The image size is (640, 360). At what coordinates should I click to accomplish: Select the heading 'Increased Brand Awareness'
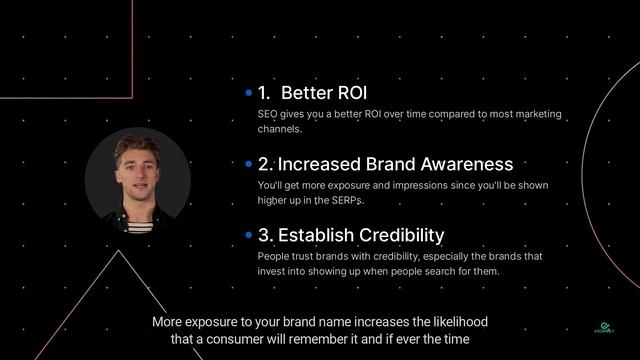[385, 164]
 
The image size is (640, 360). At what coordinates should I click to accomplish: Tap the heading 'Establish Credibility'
[351, 236]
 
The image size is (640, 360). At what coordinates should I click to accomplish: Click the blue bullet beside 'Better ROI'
[248, 93]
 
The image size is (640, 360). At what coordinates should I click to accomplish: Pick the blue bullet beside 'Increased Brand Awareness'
[248, 164]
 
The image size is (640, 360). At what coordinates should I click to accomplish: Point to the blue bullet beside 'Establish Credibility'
[248, 236]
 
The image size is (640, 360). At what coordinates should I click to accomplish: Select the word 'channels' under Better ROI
[278, 129]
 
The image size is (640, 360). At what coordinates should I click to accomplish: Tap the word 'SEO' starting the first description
[267, 114]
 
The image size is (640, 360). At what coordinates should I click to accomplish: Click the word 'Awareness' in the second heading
[468, 164]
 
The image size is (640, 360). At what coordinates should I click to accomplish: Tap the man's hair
[136, 146]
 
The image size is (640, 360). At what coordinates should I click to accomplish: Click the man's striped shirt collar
[138, 222]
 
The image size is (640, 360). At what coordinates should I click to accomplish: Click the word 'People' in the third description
[274, 257]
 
